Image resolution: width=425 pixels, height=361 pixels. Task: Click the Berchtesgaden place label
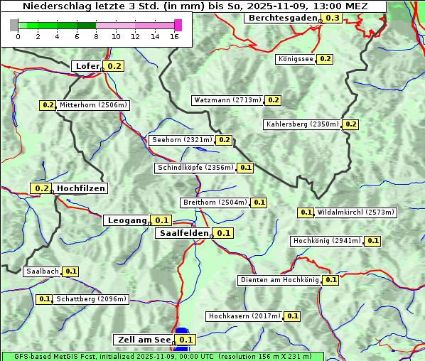click(x=281, y=18)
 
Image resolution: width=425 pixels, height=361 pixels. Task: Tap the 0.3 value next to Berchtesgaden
click(x=332, y=18)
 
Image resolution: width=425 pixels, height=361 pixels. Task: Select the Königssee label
click(x=295, y=59)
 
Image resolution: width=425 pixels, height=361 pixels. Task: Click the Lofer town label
click(x=87, y=66)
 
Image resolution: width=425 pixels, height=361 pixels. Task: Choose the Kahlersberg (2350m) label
click(x=302, y=124)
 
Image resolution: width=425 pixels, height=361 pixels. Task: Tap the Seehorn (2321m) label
click(x=181, y=140)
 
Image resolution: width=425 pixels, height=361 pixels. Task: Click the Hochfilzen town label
click(x=81, y=188)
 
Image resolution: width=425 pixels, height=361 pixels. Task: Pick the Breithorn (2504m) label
click(x=214, y=203)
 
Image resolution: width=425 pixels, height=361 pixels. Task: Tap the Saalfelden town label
click(x=183, y=233)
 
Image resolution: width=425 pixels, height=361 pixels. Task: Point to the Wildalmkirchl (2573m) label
click(x=355, y=212)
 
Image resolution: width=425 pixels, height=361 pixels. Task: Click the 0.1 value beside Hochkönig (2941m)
click(x=372, y=241)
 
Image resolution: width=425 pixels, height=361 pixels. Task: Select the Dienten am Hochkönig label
click(x=279, y=280)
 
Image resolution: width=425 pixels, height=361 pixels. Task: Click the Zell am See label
click(x=143, y=340)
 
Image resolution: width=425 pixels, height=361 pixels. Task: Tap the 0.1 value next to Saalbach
click(x=70, y=271)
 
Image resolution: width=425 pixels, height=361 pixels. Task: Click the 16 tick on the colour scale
click(x=175, y=37)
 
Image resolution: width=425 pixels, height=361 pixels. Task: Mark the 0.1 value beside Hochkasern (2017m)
click(x=292, y=316)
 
